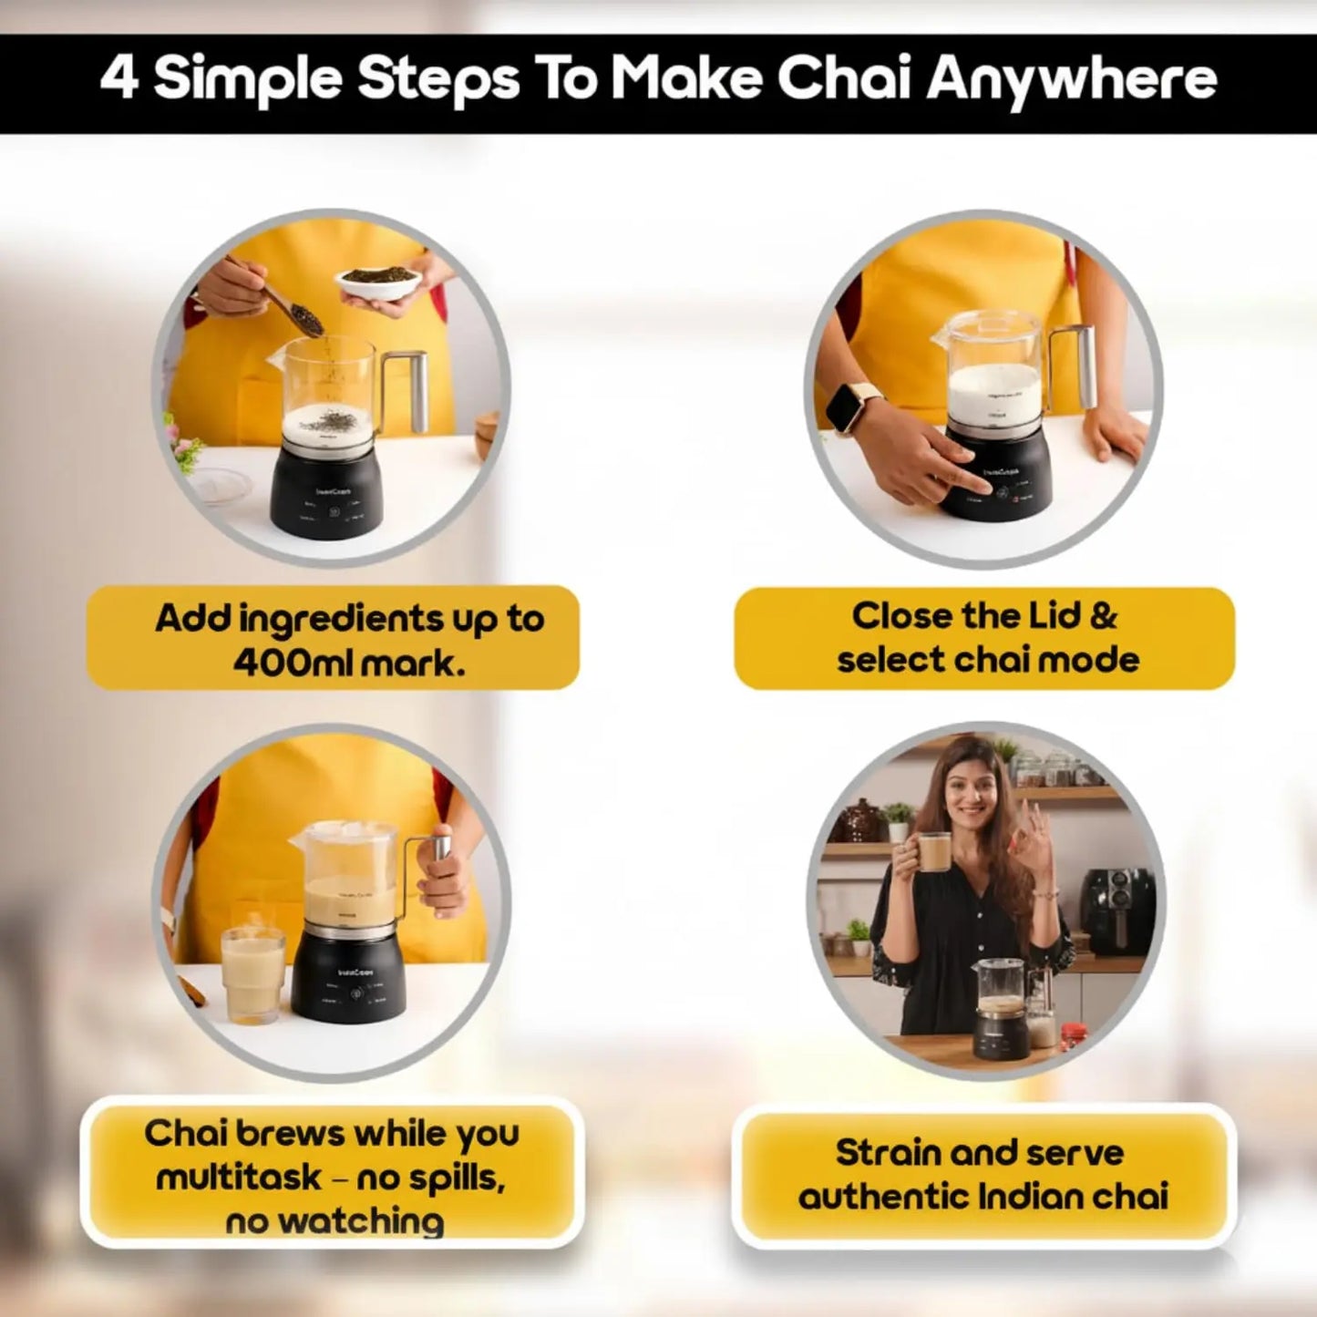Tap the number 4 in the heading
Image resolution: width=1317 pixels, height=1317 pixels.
[x=118, y=78]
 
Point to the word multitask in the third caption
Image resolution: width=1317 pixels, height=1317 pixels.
[x=239, y=1177]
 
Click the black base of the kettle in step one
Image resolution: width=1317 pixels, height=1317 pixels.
[x=325, y=496]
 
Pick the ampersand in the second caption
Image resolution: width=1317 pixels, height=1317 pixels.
[x=1102, y=616]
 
